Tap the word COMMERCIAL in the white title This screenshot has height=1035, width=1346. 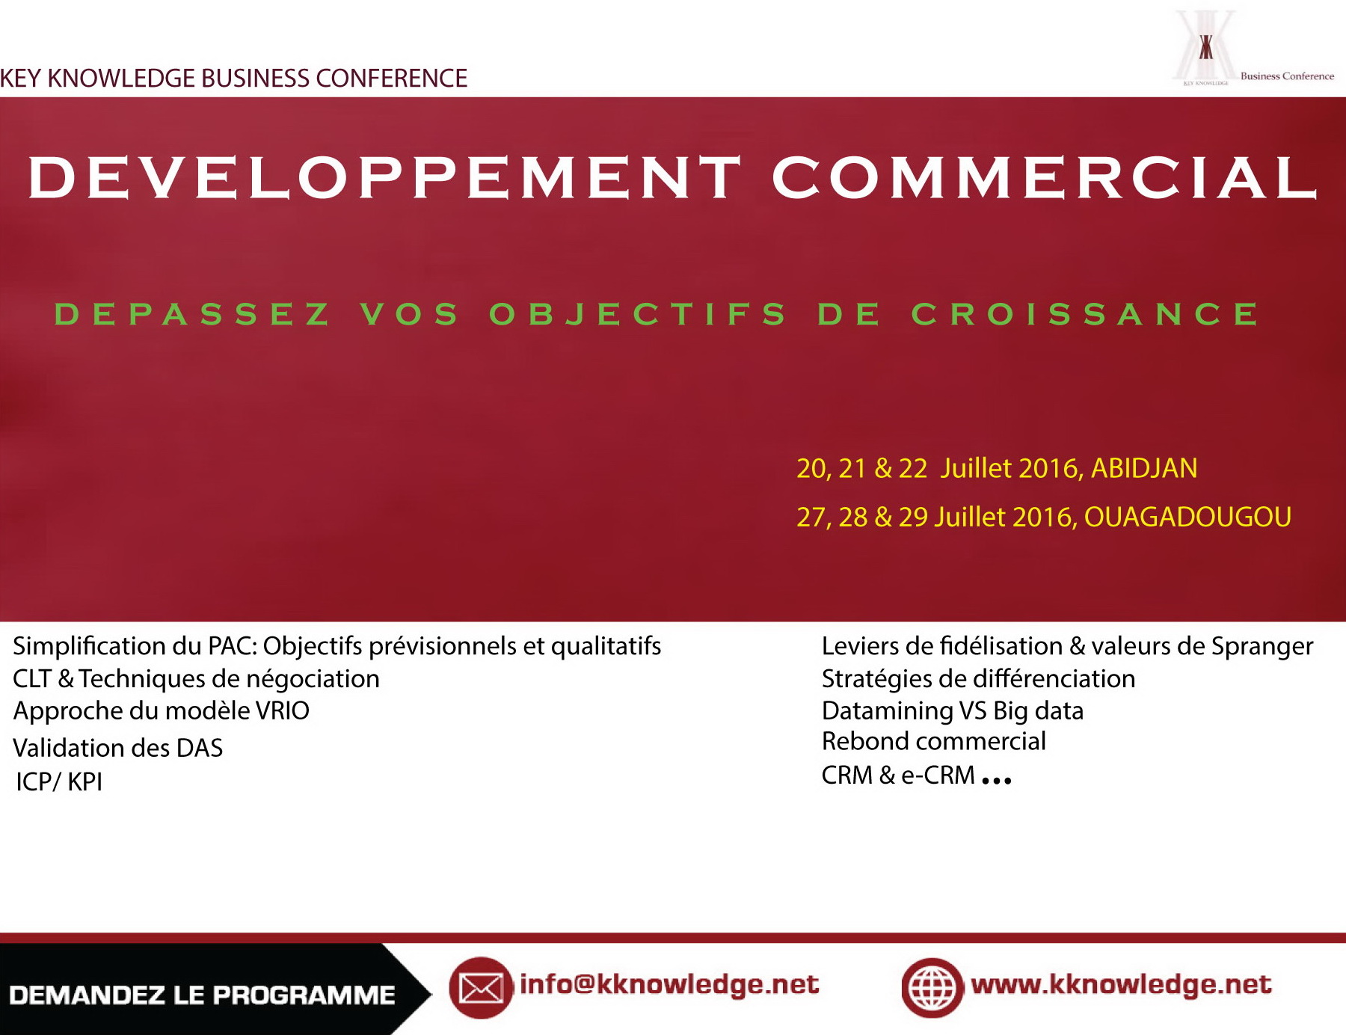(1044, 177)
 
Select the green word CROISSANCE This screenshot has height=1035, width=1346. (1085, 314)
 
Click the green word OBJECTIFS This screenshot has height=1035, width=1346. (637, 314)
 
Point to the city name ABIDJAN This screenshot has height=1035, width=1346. (1144, 468)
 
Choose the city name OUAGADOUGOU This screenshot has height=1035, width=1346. (1187, 517)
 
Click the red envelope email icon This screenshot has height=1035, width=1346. (481, 988)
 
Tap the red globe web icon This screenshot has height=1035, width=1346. (932, 988)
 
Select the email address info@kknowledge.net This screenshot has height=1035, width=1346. (669, 985)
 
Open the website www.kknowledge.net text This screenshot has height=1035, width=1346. (1121, 984)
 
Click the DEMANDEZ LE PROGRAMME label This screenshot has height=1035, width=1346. (202, 995)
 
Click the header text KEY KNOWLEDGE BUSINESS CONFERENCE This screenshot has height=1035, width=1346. (233, 78)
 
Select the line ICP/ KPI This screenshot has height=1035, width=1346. (59, 781)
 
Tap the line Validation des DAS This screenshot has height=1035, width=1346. (118, 748)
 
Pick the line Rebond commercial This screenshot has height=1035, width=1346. (934, 741)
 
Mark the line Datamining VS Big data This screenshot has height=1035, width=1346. (953, 710)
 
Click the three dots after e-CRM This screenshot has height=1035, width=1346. (997, 781)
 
